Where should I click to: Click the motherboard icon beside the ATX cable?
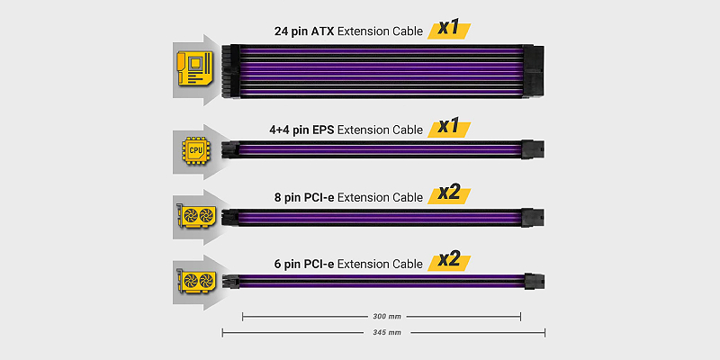(x=194, y=68)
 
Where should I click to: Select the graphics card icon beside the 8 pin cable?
(x=195, y=215)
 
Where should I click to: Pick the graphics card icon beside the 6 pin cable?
(x=195, y=280)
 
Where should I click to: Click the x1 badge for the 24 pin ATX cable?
(x=449, y=29)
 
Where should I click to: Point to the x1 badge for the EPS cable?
(x=449, y=128)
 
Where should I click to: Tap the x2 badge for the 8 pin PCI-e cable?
(x=449, y=194)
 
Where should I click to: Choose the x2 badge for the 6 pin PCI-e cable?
(x=449, y=261)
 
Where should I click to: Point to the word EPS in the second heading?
(x=324, y=130)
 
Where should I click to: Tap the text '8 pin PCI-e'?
(x=303, y=197)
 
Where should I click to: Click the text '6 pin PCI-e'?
(x=303, y=264)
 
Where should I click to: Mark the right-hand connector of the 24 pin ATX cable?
(x=533, y=71)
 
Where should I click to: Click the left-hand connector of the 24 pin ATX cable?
(x=230, y=71)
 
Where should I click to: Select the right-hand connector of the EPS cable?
(x=533, y=149)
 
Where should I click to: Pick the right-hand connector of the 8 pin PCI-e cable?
(x=533, y=217)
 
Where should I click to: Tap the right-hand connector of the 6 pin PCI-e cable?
(x=534, y=280)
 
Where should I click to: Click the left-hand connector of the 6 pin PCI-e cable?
(x=230, y=281)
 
